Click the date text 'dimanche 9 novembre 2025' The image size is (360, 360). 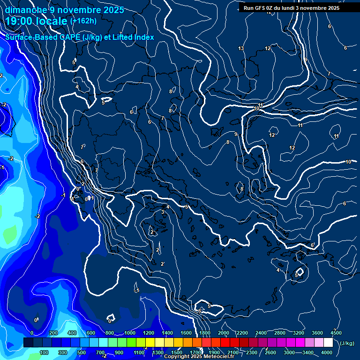coord(64,10)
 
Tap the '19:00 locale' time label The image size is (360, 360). coord(37,21)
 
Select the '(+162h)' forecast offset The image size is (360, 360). coord(83,21)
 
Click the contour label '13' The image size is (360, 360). coord(241,49)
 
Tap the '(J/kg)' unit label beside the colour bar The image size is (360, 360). coord(346,344)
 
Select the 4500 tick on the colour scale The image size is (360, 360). coord(335,333)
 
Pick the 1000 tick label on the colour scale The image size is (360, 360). coord(130,333)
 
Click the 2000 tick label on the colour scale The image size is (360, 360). coord(224,333)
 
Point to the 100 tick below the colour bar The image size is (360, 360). coord(44,352)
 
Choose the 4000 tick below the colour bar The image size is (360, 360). coord(327,352)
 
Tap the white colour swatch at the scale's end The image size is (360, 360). coord(328,343)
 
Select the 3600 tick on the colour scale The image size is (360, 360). coord(317,333)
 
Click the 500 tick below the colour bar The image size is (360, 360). coord(82,352)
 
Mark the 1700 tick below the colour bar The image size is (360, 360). coord(195,352)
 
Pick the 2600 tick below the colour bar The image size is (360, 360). coord(270,352)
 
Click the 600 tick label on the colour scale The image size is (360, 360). coord(91,333)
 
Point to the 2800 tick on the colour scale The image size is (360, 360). coord(280,333)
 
